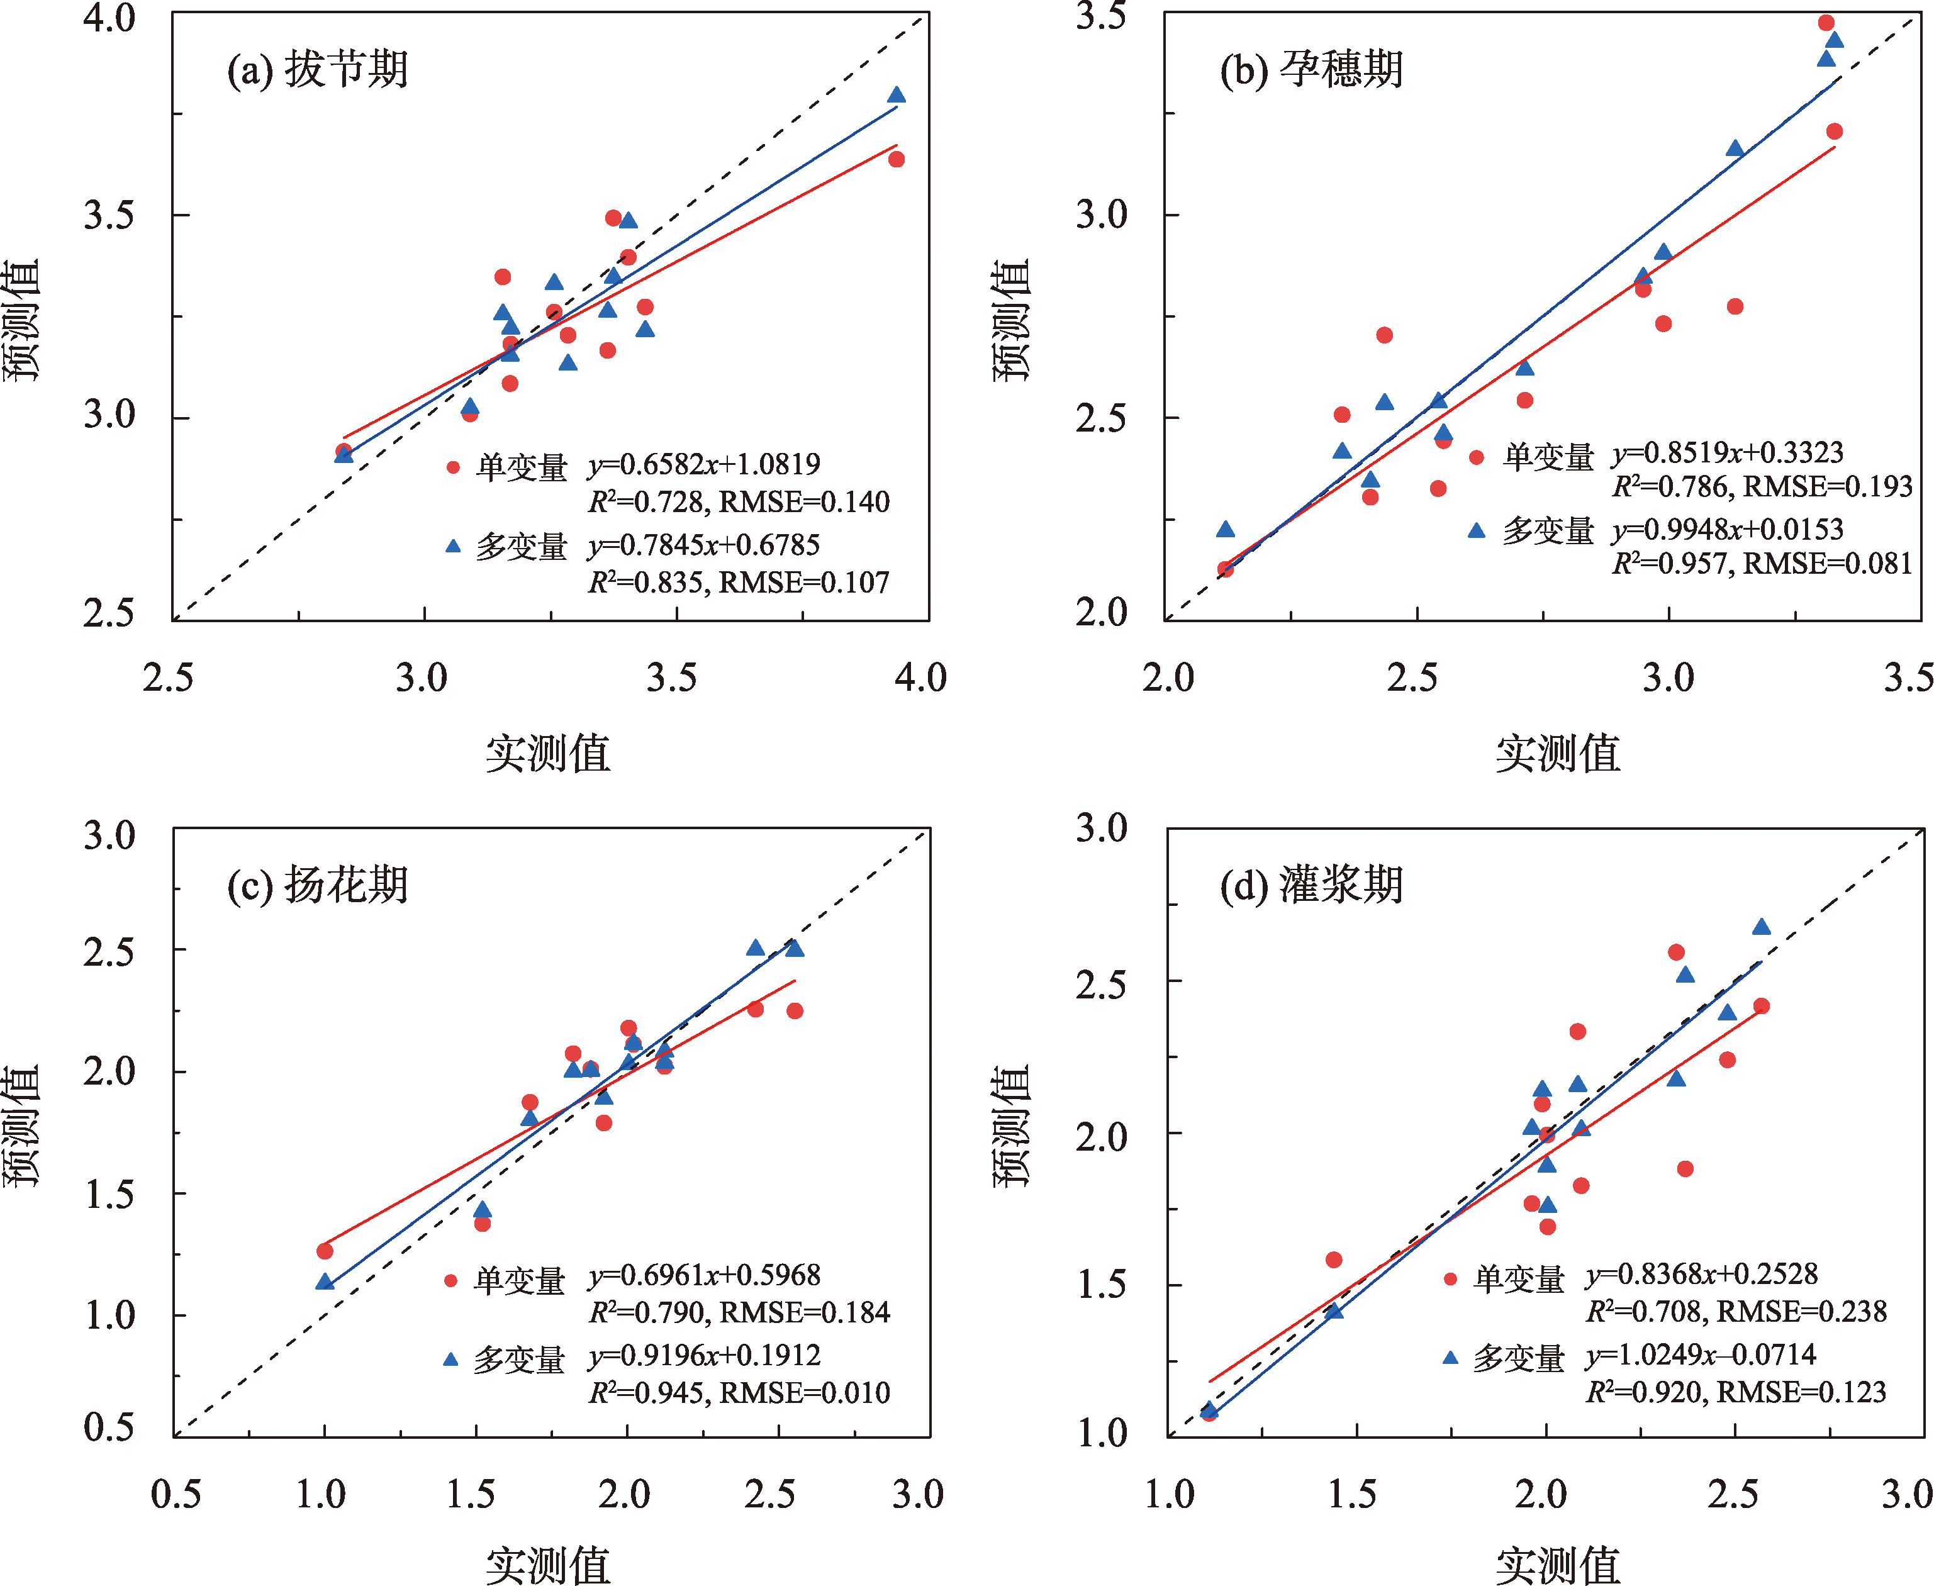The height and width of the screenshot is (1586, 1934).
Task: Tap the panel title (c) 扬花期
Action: click(x=317, y=885)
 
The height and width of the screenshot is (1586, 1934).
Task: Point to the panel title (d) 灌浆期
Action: click(x=1311, y=885)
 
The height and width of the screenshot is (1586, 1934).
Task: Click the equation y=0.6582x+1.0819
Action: click(x=703, y=465)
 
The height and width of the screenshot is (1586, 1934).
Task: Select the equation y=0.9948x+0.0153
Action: click(x=1726, y=530)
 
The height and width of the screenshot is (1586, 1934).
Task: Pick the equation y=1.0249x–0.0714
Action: click(x=1701, y=1355)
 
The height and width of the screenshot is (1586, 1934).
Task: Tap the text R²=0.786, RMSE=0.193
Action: click(x=1762, y=487)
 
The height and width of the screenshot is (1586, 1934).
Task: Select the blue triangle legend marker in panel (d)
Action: click(x=1450, y=1358)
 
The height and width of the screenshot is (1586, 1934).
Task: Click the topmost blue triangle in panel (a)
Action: click(x=896, y=95)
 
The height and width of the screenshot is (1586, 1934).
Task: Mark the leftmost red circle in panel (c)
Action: click(x=324, y=1251)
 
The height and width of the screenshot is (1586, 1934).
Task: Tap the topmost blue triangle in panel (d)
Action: click(x=1762, y=927)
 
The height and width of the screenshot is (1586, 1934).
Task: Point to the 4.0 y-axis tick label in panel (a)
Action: click(x=109, y=18)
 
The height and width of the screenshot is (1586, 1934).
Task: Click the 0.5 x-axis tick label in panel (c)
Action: click(x=176, y=1495)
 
